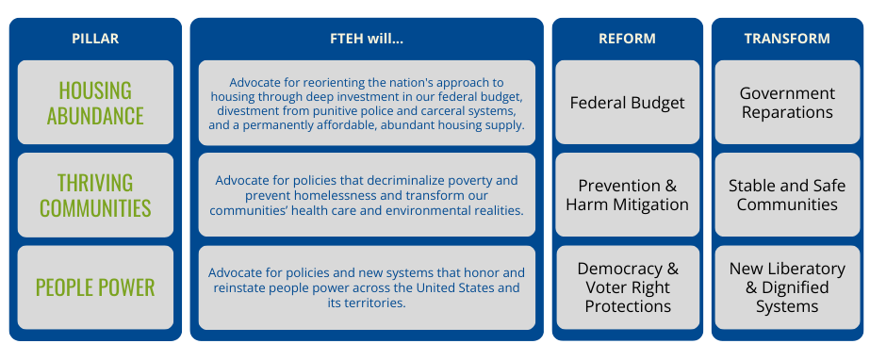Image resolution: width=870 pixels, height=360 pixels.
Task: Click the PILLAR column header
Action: point(95,39)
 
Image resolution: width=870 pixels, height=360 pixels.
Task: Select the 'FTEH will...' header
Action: point(367,39)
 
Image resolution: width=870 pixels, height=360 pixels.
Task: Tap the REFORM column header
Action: point(627,39)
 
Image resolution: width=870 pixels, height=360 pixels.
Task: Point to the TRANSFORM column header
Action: point(787,39)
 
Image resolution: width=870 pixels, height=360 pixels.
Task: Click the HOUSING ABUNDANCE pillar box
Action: point(95,103)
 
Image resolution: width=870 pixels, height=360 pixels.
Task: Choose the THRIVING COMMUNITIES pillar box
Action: point(95,194)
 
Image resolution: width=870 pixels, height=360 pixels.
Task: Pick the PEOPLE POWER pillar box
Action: point(95,286)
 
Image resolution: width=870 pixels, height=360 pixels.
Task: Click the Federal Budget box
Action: point(627,102)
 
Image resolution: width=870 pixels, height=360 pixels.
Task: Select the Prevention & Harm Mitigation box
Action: point(627,194)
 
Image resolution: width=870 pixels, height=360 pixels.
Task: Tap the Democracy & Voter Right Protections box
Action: point(627,287)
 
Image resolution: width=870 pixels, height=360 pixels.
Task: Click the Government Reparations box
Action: point(787,102)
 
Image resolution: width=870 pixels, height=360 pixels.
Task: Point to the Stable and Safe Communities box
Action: point(787,194)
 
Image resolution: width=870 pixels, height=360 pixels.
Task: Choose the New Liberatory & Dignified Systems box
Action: point(787,287)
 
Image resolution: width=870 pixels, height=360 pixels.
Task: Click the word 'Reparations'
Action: point(787,112)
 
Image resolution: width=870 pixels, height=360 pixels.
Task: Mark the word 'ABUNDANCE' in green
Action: point(95,116)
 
